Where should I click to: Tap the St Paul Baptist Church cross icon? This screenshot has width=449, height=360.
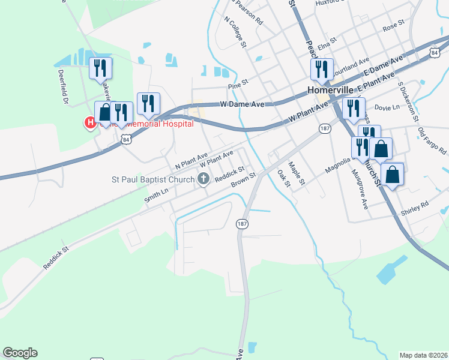coord(203,178)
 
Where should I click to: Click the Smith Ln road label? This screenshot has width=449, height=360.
coord(156,196)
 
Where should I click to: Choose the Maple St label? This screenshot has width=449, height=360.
coord(297,172)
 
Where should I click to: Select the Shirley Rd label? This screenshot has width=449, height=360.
coord(415,205)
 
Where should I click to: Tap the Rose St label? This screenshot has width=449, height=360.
coord(394,26)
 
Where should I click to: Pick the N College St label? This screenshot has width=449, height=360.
coord(235,32)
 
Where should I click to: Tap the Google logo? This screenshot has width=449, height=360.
coord(20,353)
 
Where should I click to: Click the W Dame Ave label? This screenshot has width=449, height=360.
coord(243,104)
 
